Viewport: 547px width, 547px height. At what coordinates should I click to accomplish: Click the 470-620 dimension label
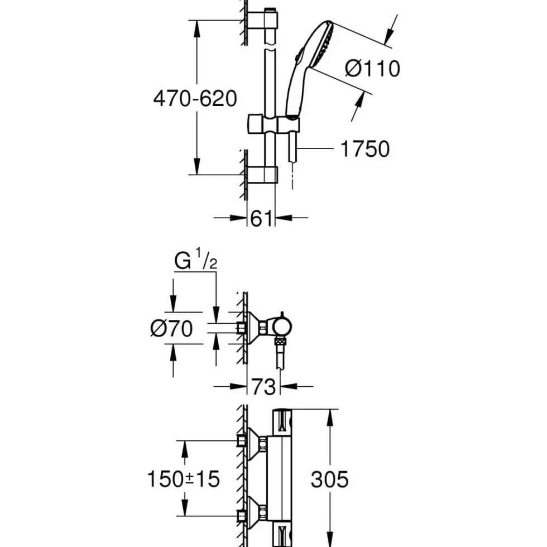tap(195, 98)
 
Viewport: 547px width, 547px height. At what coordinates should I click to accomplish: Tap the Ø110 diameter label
tap(373, 68)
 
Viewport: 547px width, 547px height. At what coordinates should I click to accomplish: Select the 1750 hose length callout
tap(365, 149)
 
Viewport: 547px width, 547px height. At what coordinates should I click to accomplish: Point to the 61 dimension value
tap(261, 218)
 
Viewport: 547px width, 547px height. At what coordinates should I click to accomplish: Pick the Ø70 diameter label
tap(171, 328)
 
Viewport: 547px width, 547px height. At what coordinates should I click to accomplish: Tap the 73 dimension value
tap(263, 386)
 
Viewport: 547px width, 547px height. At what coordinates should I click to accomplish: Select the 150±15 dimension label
tap(184, 479)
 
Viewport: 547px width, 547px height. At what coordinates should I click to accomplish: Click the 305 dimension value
tap(330, 479)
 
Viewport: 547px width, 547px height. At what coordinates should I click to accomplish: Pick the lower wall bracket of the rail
tap(262, 175)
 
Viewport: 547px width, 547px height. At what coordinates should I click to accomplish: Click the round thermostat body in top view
tap(282, 327)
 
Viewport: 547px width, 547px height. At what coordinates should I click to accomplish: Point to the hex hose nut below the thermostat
tap(280, 341)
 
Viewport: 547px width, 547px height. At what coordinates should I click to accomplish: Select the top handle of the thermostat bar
tap(282, 422)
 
